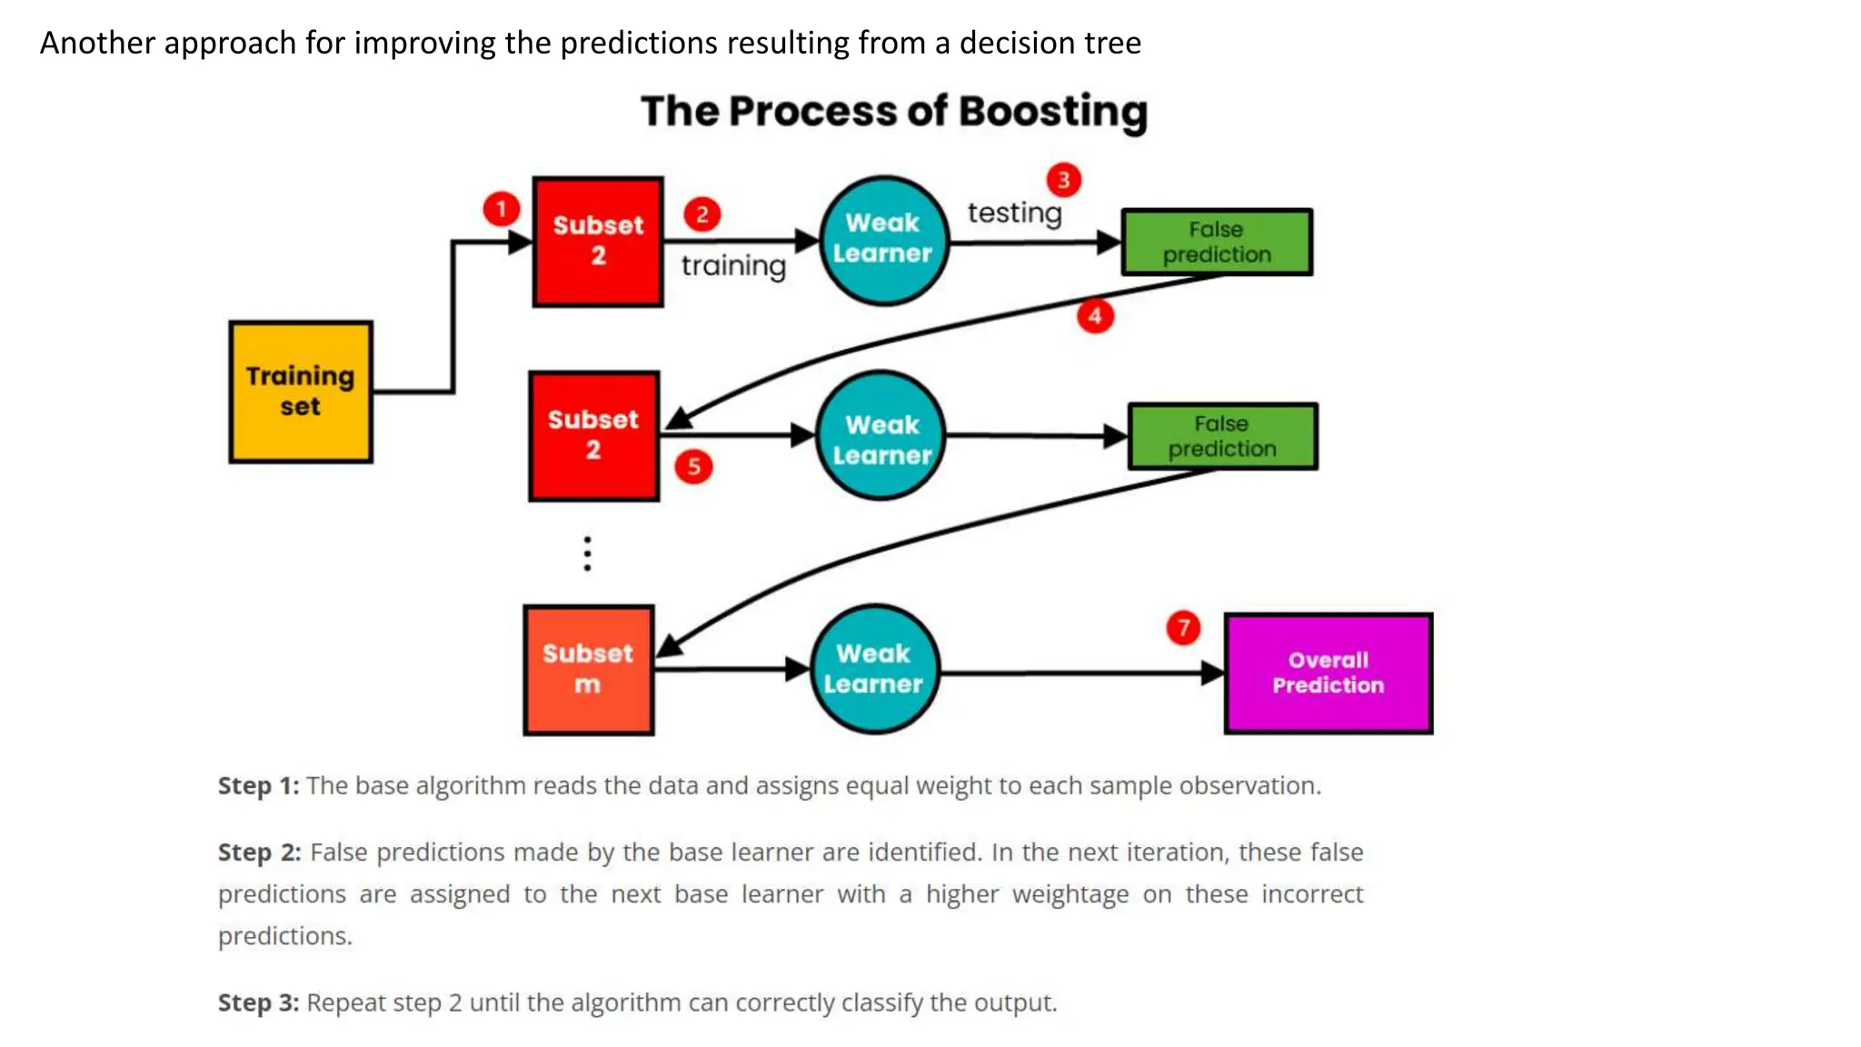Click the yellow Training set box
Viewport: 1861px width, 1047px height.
pos(301,392)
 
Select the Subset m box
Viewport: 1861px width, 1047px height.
pos(588,670)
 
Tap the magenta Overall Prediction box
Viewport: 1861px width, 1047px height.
pos(1328,673)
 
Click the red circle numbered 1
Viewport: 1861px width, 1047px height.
pos(501,209)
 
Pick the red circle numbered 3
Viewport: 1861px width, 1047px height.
pos(1063,180)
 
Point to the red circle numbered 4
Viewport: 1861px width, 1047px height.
pos(1095,316)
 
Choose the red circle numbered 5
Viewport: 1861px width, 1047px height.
pos(693,467)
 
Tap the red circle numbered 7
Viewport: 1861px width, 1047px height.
pos(1183,628)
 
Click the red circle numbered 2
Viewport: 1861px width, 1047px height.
pos(702,214)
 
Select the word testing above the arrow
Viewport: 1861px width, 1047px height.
pos(1014,214)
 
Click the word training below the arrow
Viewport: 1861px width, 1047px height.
pos(733,266)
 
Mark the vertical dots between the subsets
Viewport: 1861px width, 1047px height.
pos(588,553)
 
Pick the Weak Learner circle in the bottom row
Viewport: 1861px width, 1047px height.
pos(874,669)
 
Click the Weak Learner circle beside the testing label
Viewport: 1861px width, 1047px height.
pos(883,240)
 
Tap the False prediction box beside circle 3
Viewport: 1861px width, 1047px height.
pos(1217,242)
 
